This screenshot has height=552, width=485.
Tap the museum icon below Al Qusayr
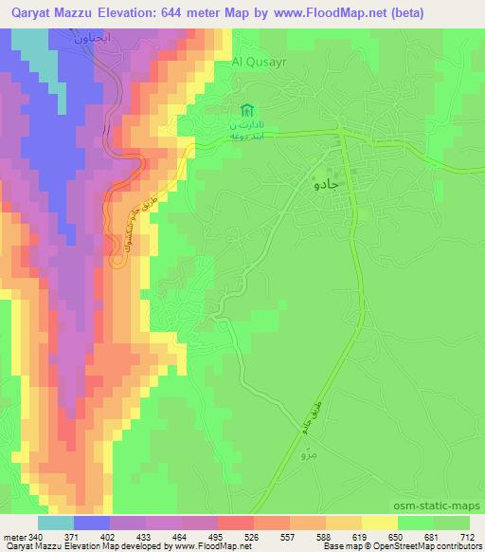pyautogui.click(x=247, y=110)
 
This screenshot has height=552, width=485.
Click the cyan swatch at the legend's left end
pyautogui.click(x=56, y=523)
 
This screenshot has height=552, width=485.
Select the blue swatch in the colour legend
pyautogui.click(x=92, y=523)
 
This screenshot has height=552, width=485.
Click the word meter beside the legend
pyautogui.click(x=14, y=537)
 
